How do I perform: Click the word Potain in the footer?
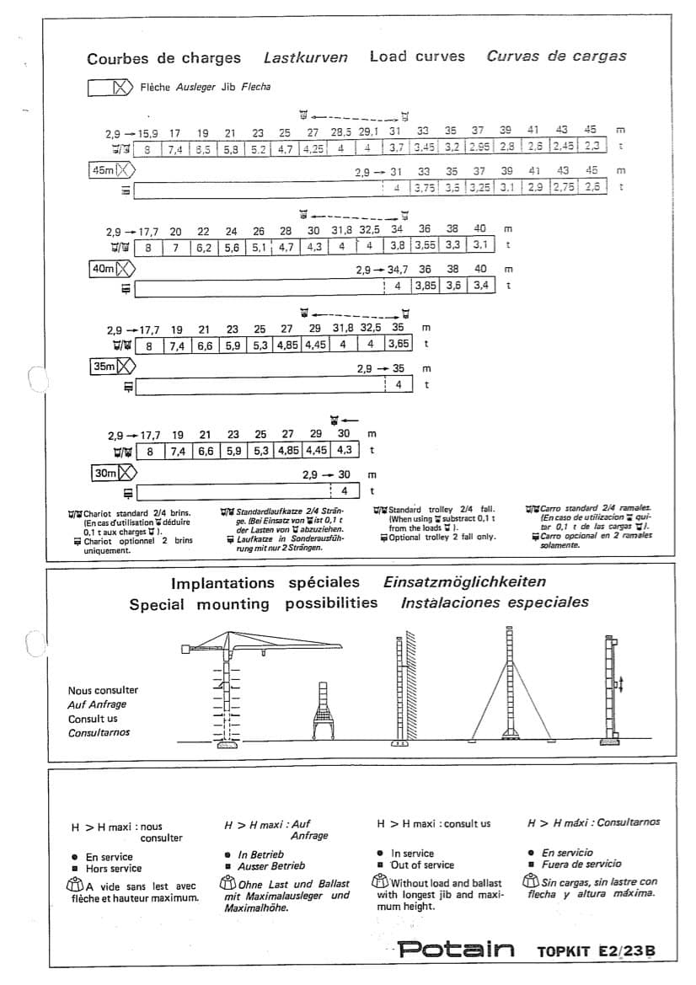456,950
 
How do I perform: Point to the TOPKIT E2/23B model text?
596,951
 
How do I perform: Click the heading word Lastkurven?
305,58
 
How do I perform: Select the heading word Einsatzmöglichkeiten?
464,581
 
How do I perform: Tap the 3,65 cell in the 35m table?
399,344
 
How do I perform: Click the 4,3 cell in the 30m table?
345,450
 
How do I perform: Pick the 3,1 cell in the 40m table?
480,245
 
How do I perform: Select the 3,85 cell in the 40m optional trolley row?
426,286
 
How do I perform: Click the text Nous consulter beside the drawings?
103,690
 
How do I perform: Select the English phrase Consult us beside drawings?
93,719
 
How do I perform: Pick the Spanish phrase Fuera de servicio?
581,864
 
